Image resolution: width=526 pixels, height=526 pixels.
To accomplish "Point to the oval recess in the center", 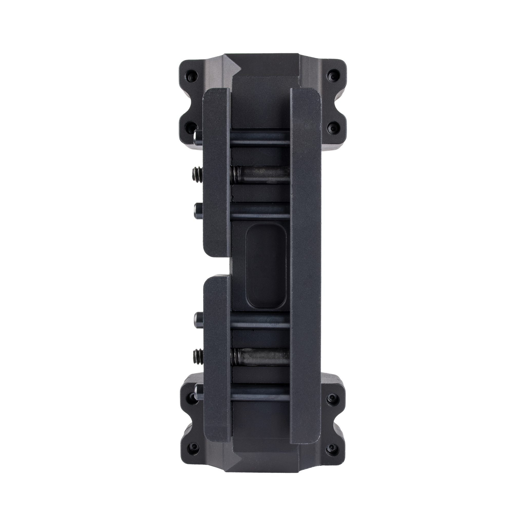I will [x=266, y=267].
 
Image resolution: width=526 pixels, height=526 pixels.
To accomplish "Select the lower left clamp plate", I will [x=217, y=362].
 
